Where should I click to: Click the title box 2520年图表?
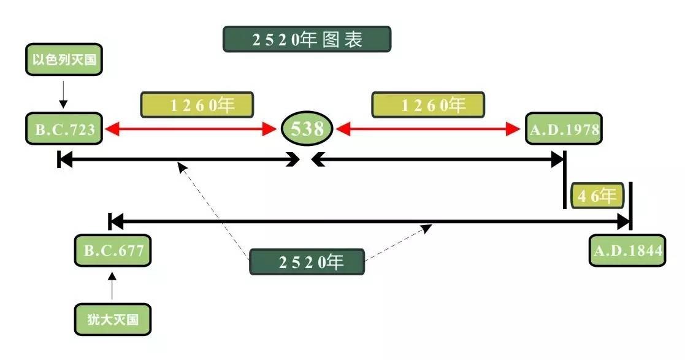click(307, 39)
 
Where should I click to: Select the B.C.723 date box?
click(64, 129)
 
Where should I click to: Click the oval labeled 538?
click(307, 129)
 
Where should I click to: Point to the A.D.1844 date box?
click(627, 250)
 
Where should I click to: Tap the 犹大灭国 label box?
click(112, 319)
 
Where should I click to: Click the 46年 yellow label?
click(597, 196)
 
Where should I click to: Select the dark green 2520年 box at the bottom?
click(307, 262)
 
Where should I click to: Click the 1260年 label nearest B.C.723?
click(197, 105)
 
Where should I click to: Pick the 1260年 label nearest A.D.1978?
click(427, 105)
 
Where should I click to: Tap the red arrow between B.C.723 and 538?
click(191, 129)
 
